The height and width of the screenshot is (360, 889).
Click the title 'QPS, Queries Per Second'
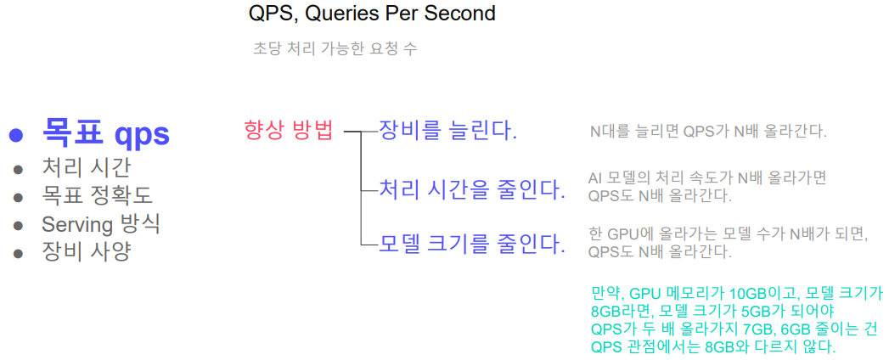point(372,14)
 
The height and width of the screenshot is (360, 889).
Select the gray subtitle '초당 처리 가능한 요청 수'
point(335,49)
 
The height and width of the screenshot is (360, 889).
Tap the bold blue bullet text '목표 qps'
point(106,134)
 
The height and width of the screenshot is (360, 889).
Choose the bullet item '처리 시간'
point(86,167)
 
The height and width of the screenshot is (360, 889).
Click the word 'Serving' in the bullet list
point(76,224)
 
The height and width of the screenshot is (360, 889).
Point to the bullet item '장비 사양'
point(86,252)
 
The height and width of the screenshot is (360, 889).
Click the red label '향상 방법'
point(288,131)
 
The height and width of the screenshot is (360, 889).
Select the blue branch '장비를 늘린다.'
point(447,131)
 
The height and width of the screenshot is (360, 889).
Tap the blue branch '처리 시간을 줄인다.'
point(471,188)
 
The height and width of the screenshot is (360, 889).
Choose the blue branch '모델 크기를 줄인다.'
point(471,246)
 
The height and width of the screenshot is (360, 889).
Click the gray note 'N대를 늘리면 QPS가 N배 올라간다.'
point(707,132)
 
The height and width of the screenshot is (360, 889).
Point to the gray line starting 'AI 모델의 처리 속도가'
point(706,178)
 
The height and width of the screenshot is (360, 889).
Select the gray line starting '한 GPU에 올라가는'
point(727,233)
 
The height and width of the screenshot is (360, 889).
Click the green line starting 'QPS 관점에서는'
point(712,347)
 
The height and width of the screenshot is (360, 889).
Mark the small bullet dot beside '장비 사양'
point(18,253)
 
